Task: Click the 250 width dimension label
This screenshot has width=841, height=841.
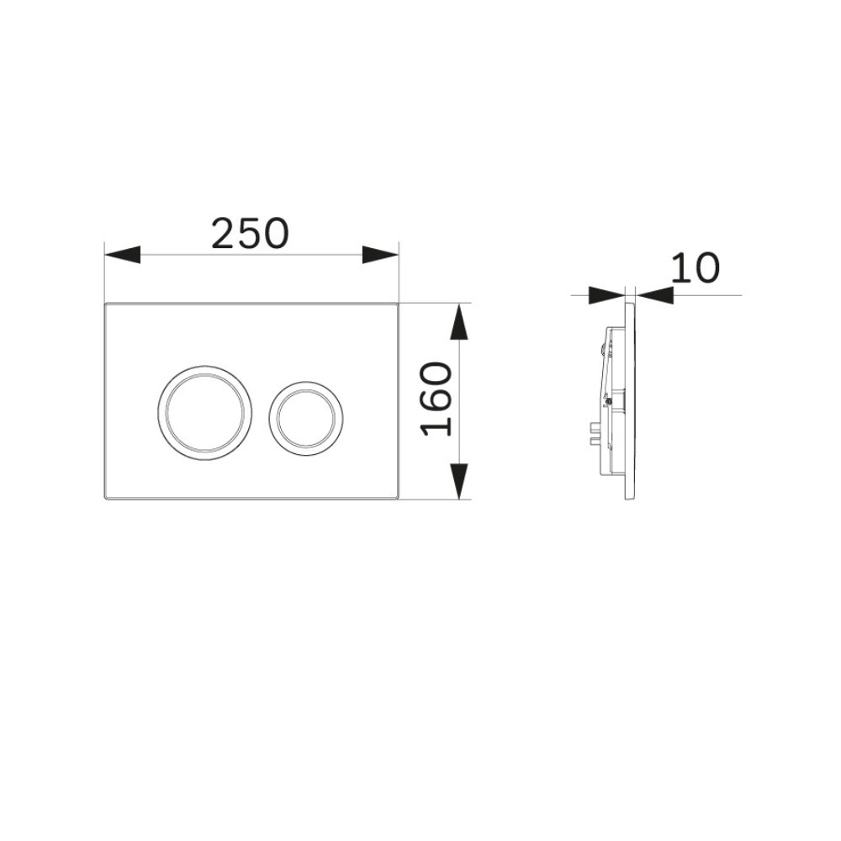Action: coord(250,234)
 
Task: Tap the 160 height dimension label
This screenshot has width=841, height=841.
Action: coord(436,399)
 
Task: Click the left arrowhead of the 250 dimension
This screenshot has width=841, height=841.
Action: coord(122,255)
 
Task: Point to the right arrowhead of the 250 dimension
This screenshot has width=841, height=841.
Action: coord(381,255)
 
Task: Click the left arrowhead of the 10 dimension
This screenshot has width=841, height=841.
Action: coord(607,295)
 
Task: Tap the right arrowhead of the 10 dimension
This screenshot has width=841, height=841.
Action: coord(654,295)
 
